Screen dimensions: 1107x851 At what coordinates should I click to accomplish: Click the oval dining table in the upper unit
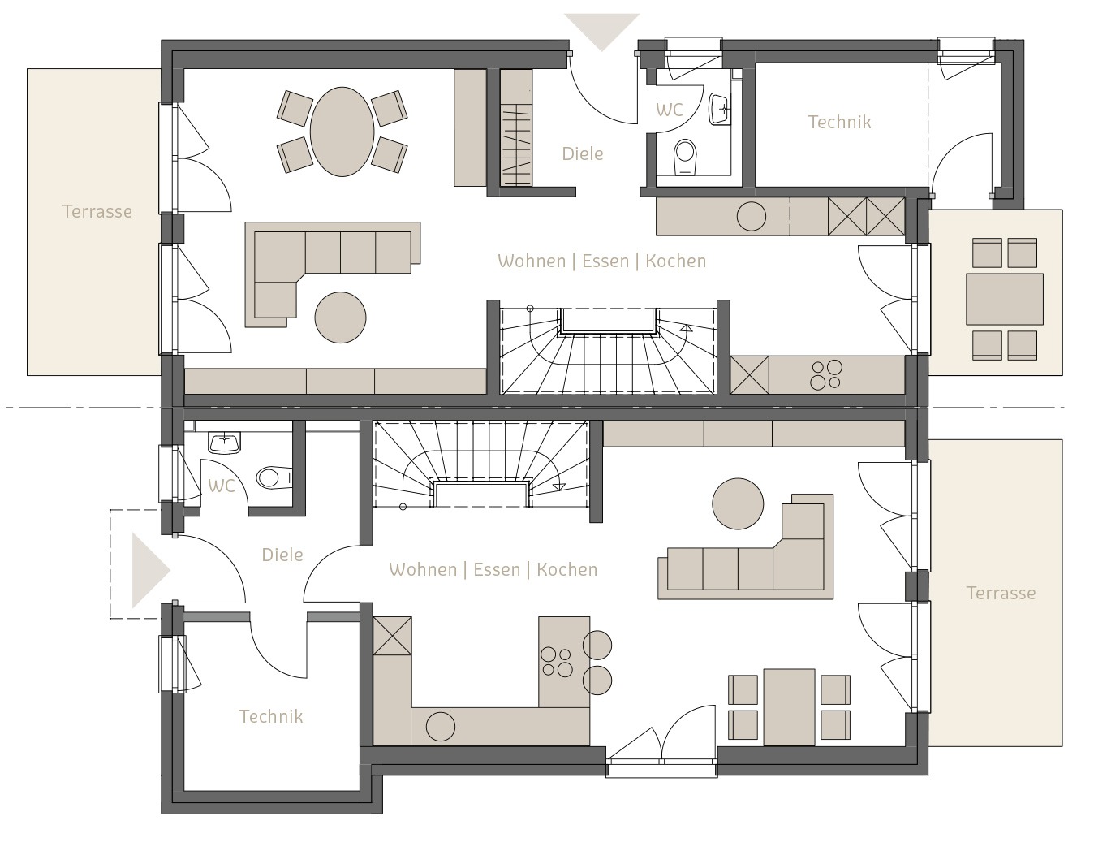[x=342, y=132]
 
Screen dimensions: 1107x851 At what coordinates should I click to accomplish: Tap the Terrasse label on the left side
[x=97, y=211]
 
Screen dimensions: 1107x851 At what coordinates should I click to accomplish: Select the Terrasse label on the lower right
[x=1001, y=593]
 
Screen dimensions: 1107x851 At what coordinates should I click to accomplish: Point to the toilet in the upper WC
[x=685, y=157]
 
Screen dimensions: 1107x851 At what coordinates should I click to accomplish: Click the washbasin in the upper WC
[x=720, y=109]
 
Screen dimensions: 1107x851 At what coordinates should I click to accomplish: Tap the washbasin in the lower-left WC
[x=224, y=443]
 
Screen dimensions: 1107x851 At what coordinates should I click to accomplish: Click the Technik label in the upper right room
[x=839, y=123]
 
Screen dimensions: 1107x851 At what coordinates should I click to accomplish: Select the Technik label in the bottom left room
[x=271, y=716]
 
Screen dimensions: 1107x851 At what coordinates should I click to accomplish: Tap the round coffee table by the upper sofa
[x=340, y=318]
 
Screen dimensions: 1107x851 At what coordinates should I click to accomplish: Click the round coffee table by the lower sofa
[x=738, y=503]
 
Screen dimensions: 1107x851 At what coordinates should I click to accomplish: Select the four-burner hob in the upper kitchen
[x=826, y=375]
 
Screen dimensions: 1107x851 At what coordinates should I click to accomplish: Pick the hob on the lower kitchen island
[x=557, y=662]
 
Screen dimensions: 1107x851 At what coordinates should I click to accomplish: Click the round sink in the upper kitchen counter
[x=752, y=217]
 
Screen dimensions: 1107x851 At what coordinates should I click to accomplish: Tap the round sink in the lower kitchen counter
[x=440, y=727]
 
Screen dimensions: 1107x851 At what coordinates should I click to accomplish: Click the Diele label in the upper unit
[x=583, y=154]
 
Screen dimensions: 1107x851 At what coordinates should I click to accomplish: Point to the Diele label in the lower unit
[x=282, y=555]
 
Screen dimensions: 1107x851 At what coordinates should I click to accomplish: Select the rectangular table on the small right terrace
[x=1005, y=299]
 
